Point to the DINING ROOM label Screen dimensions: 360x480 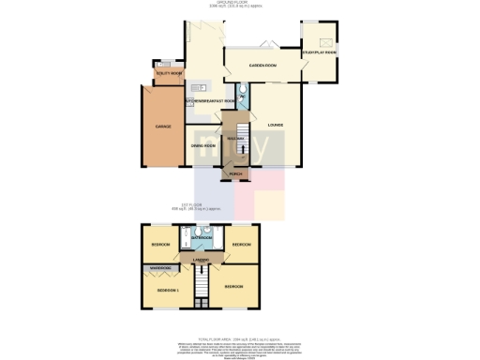[203, 145]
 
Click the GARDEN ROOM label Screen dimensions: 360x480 [262, 67]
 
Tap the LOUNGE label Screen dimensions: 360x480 [275, 125]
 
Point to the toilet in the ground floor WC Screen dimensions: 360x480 [242, 88]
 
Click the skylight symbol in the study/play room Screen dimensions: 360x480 [326, 42]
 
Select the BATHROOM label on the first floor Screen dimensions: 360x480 [201, 238]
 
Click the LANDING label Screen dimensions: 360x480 [201, 259]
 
